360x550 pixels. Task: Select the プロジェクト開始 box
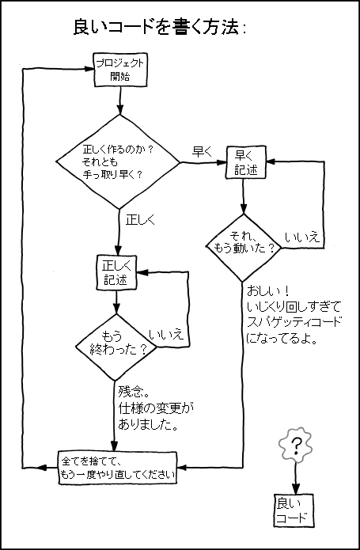point(119,70)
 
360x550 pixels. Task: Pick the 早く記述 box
point(246,162)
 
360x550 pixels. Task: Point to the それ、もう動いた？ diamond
point(244,243)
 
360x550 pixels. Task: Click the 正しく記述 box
point(117,271)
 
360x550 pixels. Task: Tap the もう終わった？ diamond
point(117,341)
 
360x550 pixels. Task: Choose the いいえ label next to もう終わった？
point(165,335)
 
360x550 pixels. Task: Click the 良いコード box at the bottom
point(294,510)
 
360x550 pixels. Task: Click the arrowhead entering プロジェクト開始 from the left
point(88,69)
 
